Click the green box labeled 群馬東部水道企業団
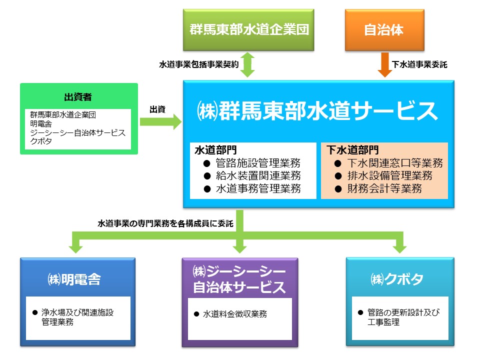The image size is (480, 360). tap(248, 29)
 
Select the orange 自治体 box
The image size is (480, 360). tap(384, 29)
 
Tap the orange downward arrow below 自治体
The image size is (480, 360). tap(385, 64)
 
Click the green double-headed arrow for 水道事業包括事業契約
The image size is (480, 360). tap(247, 64)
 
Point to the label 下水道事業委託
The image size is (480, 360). tap(419, 64)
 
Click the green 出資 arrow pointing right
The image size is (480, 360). tap(160, 122)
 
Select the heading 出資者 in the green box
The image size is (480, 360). tap(78, 97)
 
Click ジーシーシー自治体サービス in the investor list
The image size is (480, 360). tap(78, 132)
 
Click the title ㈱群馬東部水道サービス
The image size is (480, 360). tap(317, 111)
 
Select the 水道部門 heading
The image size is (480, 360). tap(216, 150)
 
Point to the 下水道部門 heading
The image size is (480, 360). tap(352, 150)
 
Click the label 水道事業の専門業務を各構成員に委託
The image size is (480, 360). tap(165, 223)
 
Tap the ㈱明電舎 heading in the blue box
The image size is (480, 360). tap(74, 279)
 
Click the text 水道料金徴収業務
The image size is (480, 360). tap(235, 314)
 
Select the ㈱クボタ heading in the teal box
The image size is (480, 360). tap(397, 279)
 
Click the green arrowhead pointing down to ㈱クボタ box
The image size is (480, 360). tap(399, 248)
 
